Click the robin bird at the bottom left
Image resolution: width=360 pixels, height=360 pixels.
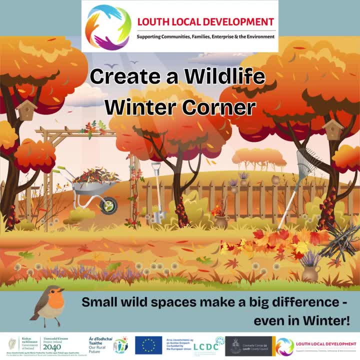[49, 302]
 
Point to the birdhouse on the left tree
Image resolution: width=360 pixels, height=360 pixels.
[26, 110]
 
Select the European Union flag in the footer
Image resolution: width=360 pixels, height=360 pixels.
[148, 345]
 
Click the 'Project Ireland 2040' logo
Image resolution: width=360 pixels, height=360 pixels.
[52, 345]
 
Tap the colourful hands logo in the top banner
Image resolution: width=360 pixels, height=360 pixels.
[108, 27]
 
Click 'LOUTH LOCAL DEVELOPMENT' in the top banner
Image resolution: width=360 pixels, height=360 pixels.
[205, 22]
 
